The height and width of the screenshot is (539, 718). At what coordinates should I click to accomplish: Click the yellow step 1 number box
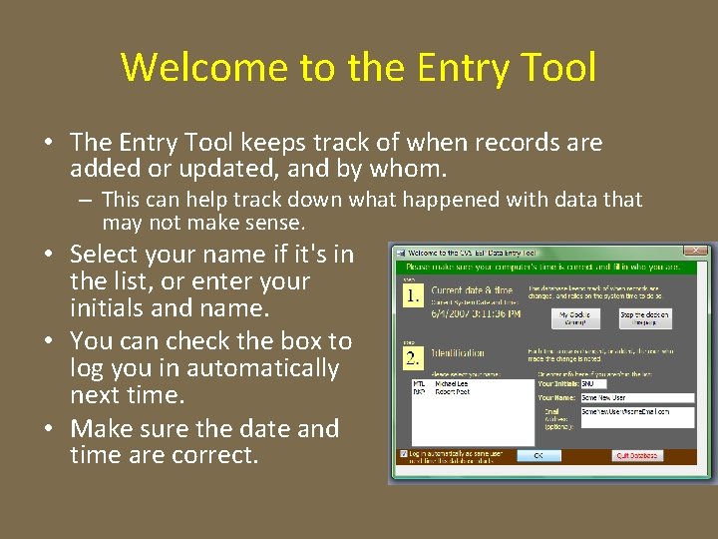(413, 296)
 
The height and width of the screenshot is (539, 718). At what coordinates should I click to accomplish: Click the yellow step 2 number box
(413, 357)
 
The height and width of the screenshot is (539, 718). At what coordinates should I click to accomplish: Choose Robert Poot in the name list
(453, 392)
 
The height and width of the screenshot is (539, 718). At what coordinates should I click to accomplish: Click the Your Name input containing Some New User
(637, 397)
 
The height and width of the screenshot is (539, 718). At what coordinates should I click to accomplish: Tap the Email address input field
(637, 416)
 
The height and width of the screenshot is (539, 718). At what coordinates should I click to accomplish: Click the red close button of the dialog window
(697, 251)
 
